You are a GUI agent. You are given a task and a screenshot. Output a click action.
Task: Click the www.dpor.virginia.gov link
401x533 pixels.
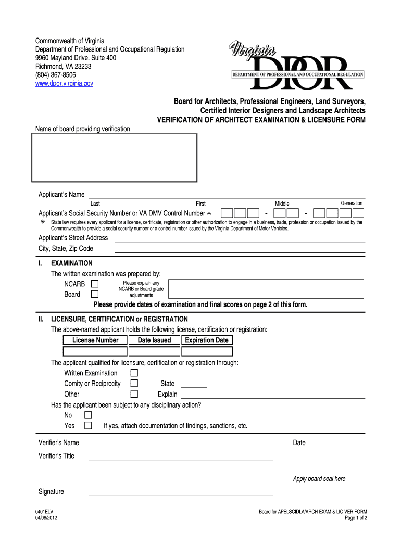(64, 83)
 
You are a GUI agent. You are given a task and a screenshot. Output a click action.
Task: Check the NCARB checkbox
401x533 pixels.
(95, 284)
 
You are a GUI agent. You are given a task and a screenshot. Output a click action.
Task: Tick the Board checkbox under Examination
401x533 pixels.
(95, 294)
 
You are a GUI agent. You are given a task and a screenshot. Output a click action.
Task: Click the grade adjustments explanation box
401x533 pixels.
(267, 289)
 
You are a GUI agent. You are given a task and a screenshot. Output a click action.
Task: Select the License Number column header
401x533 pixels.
(95, 340)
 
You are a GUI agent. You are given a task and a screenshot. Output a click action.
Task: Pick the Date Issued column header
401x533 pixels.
(154, 340)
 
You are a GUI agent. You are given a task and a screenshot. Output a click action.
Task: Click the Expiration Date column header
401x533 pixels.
(207, 340)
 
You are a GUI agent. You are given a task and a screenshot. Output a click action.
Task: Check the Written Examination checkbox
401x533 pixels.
(134, 373)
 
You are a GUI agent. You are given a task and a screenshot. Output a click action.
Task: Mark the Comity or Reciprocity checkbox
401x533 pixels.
(134, 384)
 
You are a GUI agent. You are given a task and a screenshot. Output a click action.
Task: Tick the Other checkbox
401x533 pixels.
(134, 394)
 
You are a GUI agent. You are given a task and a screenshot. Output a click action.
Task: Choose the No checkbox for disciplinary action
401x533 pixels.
(88, 415)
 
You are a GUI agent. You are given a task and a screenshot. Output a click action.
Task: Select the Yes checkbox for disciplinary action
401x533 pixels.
(88, 426)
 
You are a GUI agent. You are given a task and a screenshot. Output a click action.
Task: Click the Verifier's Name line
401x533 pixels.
(180, 446)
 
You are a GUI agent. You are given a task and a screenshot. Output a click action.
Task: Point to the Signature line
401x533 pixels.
(180, 494)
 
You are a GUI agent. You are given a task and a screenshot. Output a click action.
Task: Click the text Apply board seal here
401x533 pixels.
(319, 479)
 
